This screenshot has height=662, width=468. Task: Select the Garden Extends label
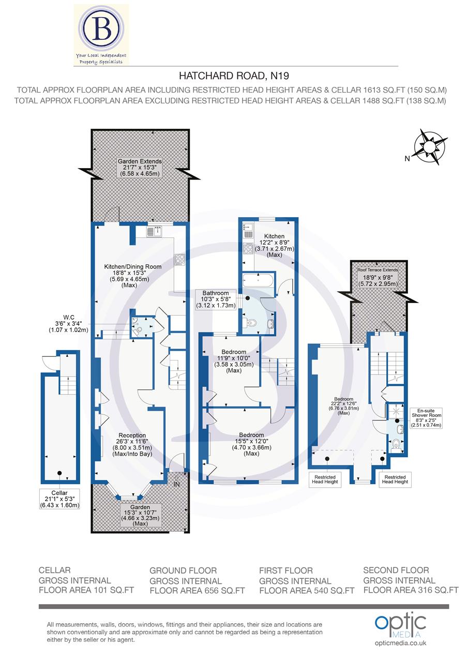139,168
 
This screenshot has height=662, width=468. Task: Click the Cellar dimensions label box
60,499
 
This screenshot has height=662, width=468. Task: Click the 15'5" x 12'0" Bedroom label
251,444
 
